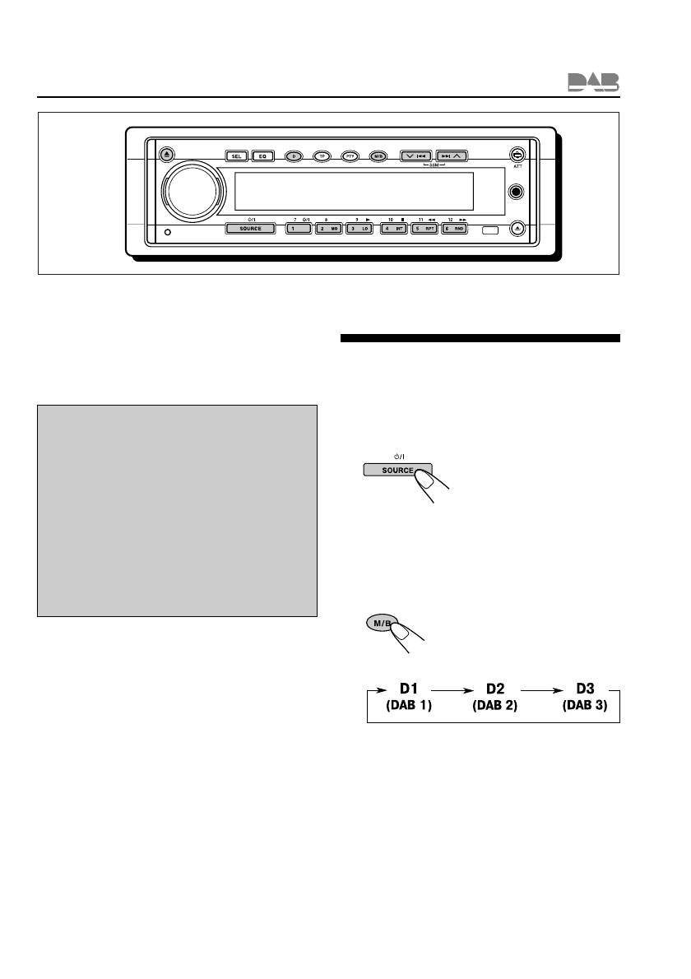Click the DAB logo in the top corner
tap(593, 81)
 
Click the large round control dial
tap(192, 195)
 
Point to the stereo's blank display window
tap(354, 192)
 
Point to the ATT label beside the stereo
tap(517, 166)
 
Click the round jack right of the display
tap(517, 193)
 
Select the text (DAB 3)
tap(585, 706)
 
